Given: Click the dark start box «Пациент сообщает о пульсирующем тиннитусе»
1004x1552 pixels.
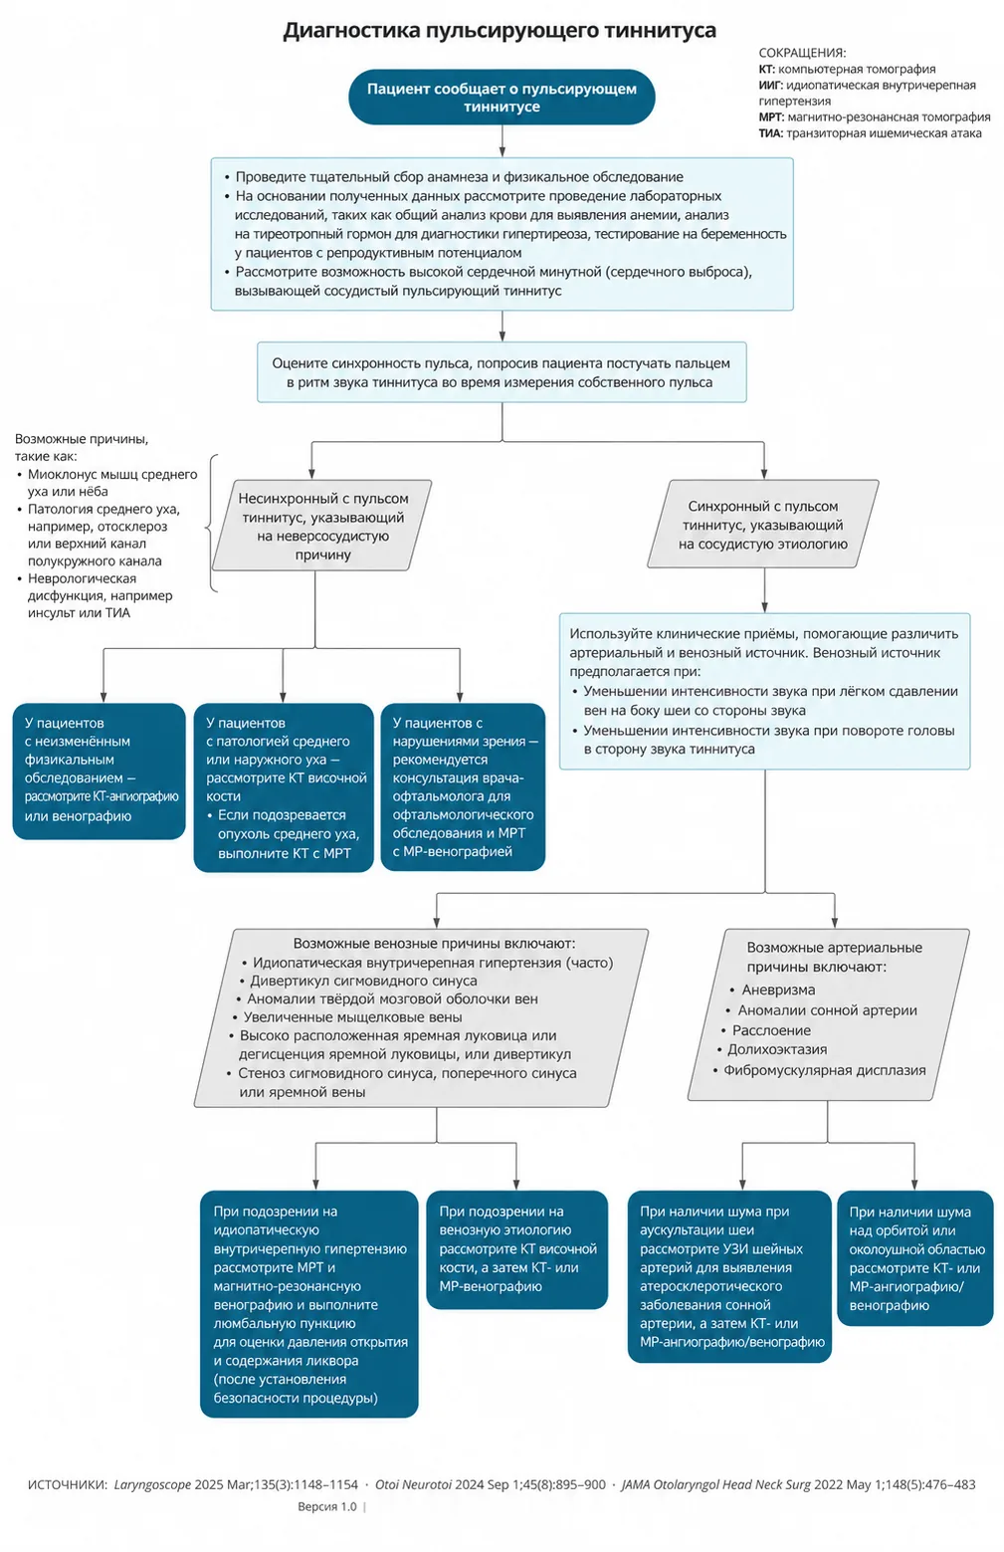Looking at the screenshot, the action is point(502,97).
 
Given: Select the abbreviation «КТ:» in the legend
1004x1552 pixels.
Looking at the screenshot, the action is point(766,70).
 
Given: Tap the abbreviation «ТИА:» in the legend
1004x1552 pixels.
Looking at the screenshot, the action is point(770,133).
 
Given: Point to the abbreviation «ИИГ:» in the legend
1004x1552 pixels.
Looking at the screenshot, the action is point(770,86).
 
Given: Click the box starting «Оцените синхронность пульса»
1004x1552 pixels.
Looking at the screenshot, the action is point(502,372).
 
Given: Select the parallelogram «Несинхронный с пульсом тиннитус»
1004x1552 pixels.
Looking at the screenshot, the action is point(322,526).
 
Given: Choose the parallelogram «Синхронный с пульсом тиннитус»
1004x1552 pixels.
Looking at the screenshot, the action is point(763,524).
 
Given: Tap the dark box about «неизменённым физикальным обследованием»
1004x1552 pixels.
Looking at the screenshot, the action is point(100,772).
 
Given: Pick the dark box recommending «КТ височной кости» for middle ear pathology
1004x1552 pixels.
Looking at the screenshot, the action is point(284,787).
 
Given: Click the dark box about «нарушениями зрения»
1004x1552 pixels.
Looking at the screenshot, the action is point(463,786).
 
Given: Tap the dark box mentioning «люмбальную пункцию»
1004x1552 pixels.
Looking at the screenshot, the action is point(308,1304).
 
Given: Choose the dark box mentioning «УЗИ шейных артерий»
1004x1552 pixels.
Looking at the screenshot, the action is point(729,1276).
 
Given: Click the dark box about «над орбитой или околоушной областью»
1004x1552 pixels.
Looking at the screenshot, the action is point(914,1258).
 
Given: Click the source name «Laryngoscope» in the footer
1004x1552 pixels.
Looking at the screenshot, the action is point(152,1484).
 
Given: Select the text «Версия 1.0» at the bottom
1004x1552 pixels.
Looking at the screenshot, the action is point(326,1506).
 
